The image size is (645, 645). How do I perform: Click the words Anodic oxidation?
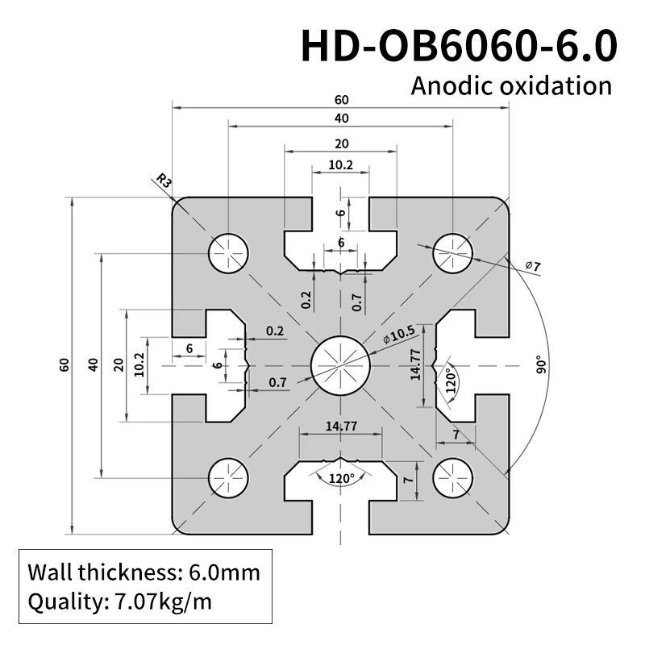coord(511,85)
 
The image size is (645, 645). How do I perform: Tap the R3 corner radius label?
coord(164,181)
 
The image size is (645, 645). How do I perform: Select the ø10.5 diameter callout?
coord(399,334)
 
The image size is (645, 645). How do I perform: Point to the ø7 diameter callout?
coord(532,265)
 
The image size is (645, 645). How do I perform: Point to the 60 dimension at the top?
coord(341,100)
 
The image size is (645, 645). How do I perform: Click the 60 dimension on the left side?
coord(64,364)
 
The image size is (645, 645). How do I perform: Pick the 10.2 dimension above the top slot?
coord(341,164)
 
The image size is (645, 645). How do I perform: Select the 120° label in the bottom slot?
coord(341,478)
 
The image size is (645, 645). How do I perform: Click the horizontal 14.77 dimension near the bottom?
coord(340,427)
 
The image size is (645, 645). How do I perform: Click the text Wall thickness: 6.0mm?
coord(144,573)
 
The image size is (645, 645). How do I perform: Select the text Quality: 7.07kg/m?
coord(120,601)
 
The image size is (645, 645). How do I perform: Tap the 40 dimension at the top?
coord(341,119)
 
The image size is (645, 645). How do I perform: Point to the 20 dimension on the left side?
coord(119,364)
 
